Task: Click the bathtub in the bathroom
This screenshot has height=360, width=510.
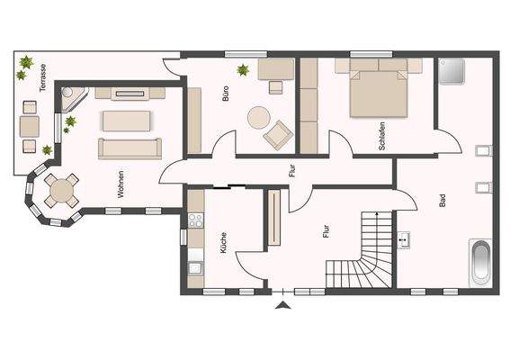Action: click(x=481, y=263)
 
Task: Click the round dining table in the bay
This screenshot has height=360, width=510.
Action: click(x=60, y=190)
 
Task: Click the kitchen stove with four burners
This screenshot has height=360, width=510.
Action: click(x=194, y=220)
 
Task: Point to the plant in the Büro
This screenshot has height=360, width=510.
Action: click(x=242, y=69)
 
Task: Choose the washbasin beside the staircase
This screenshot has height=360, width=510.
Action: click(x=404, y=239)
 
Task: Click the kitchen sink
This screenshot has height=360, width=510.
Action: click(x=194, y=266)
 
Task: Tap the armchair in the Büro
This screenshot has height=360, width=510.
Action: click(x=278, y=135)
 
